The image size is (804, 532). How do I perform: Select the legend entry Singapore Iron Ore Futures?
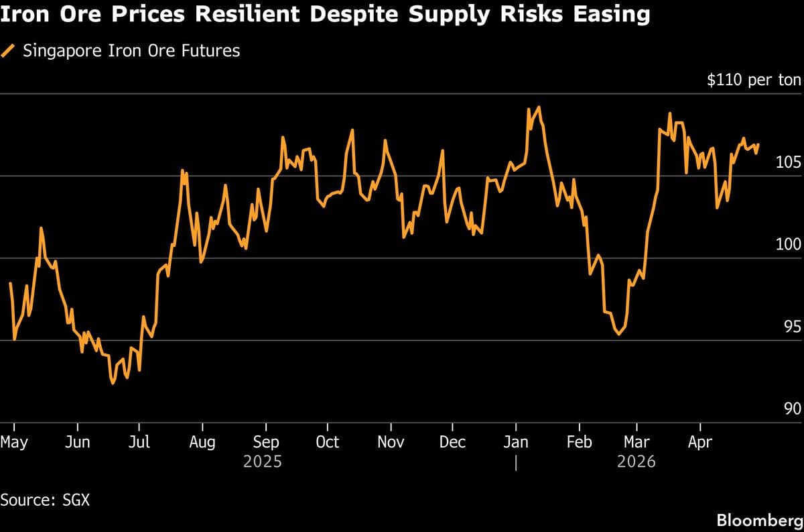click(131, 50)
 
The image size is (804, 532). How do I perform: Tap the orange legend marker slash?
click(9, 50)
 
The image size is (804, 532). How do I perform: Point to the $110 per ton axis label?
click(754, 81)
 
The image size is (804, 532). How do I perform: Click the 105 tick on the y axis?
click(788, 162)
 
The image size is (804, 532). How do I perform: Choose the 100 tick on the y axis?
click(788, 245)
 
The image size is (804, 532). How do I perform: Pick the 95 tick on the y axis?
click(792, 327)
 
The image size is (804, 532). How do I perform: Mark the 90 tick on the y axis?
click(792, 409)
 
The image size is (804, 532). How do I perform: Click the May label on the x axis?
click(14, 443)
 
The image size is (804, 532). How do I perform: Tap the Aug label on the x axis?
click(202, 443)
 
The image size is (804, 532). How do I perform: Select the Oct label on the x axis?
click(327, 443)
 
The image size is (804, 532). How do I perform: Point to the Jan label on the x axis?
click(516, 443)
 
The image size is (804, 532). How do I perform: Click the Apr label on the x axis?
click(700, 443)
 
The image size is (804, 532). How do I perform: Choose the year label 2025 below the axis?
click(263, 462)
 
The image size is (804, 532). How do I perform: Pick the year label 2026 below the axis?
click(636, 462)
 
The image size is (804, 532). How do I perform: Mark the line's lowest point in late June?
click(113, 383)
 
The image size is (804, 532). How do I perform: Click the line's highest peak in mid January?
click(539, 107)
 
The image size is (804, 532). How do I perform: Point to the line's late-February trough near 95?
click(618, 333)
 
